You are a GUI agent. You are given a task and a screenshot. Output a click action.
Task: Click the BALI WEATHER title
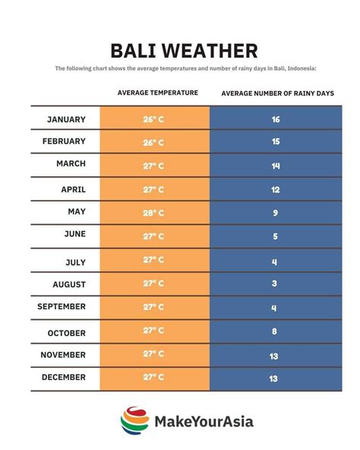184,51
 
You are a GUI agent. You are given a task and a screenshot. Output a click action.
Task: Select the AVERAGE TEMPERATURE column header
158,93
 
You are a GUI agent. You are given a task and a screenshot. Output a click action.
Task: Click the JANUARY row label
66,119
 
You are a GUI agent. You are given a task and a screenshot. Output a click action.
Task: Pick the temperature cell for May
153,213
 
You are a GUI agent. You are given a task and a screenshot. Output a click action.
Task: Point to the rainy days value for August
275,284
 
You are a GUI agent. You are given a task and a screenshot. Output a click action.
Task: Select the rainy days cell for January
275,119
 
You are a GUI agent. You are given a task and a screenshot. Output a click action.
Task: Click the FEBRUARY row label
64,142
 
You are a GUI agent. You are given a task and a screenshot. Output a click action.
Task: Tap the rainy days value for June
275,236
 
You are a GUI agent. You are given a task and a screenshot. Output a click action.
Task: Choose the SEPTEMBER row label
62,306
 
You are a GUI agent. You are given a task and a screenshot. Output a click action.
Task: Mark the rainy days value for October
275,331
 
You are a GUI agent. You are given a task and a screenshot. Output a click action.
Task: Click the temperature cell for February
153,142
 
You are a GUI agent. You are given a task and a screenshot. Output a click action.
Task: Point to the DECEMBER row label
64,377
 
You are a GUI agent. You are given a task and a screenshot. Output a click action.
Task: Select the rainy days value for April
275,189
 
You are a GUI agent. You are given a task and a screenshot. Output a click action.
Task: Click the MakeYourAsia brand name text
204,421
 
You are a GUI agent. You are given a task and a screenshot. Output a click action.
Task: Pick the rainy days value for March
275,165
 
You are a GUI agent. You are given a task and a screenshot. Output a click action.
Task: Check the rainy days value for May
275,213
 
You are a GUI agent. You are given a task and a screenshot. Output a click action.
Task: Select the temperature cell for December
153,377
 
